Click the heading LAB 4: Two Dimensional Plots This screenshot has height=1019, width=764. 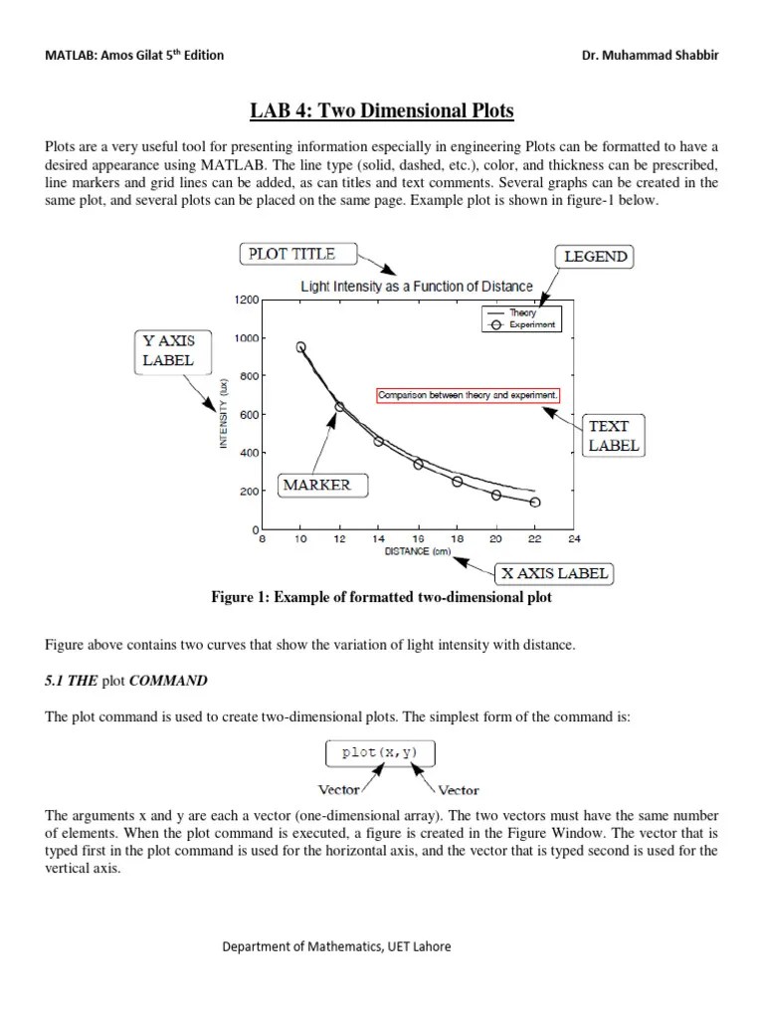pyautogui.click(x=382, y=109)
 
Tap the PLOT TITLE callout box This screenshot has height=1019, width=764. pyautogui.click(x=291, y=254)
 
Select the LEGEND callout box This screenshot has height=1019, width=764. pyautogui.click(x=596, y=257)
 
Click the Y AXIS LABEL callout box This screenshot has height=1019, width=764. pyautogui.click(x=167, y=351)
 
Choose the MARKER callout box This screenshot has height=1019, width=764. pyautogui.click(x=317, y=485)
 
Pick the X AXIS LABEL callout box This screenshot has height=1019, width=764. pyautogui.click(x=554, y=573)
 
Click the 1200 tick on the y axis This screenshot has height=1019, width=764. pyautogui.click(x=246, y=300)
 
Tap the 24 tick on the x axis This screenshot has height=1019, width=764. pyautogui.click(x=573, y=539)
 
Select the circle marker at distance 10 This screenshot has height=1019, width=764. pyautogui.click(x=301, y=347)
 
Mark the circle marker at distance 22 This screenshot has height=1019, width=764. pyautogui.click(x=535, y=503)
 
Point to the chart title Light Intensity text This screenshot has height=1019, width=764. pyautogui.click(x=417, y=287)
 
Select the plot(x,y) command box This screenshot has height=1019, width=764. pyautogui.click(x=379, y=752)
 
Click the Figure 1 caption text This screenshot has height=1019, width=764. pyautogui.click(x=381, y=598)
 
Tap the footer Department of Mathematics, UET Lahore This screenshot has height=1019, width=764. pyautogui.click(x=336, y=946)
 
